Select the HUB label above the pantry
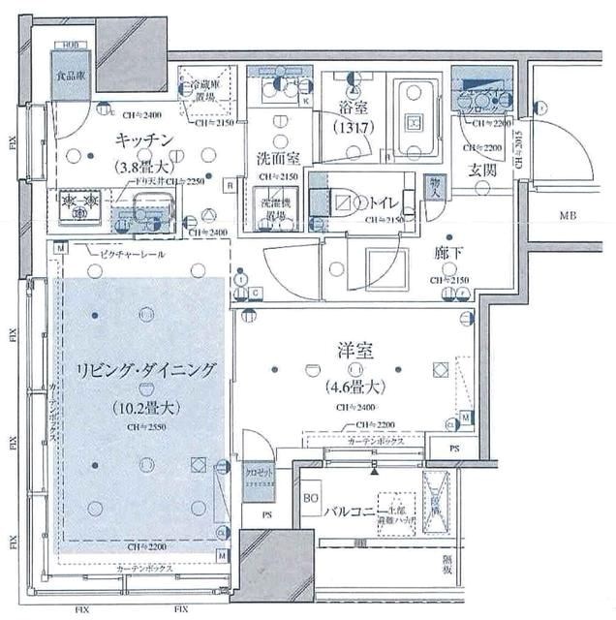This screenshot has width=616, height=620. (70, 46)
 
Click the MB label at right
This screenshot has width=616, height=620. (566, 216)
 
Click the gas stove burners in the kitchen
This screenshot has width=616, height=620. (78, 201)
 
